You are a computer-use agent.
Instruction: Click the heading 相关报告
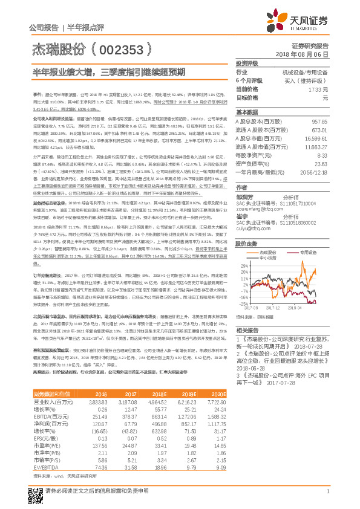(x=248, y=330)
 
